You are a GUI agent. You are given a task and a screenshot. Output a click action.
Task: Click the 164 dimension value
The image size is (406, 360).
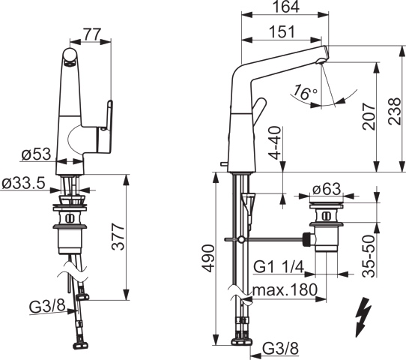click(286, 7)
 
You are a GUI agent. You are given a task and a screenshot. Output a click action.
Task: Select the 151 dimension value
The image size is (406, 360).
click(282, 31)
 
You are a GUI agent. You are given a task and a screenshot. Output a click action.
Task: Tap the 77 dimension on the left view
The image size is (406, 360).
click(91, 34)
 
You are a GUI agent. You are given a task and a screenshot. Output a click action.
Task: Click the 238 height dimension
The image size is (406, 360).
click(394, 111)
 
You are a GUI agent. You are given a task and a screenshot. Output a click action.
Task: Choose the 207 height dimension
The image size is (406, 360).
click(369, 116)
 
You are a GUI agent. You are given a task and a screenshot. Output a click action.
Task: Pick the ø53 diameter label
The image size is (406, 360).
click(37, 154)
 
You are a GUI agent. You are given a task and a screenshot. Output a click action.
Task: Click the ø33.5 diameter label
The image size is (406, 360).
click(23, 183)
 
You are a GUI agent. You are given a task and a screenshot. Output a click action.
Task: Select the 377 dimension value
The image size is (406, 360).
click(118, 236)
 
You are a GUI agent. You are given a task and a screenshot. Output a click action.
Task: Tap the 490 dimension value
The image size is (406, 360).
click(208, 258)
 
